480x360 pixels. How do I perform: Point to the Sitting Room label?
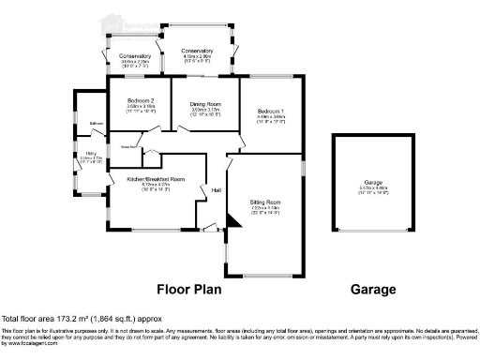pos(265,202)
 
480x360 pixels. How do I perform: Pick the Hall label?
pos(216,190)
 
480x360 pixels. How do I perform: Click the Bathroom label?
pos(96,123)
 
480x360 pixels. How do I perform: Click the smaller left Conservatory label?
pos(128,56)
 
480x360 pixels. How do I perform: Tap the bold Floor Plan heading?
pos(188,290)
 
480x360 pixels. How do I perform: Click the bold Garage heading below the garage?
pos(373,290)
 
